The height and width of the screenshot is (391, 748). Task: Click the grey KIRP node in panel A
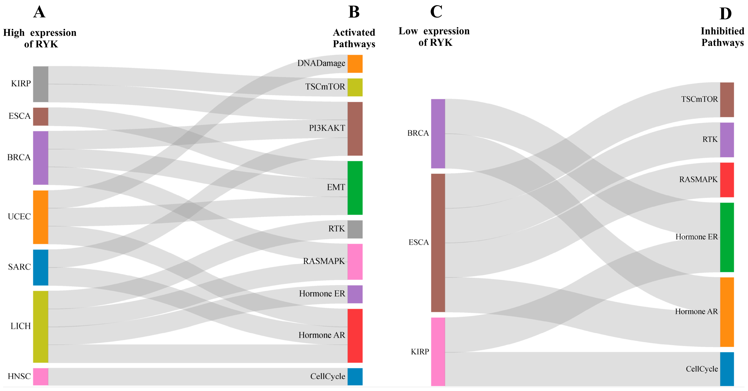click(x=41, y=84)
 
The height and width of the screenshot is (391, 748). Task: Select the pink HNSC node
click(x=41, y=376)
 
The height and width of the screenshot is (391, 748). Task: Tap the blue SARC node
click(x=41, y=267)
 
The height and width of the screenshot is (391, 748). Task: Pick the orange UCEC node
click(x=41, y=217)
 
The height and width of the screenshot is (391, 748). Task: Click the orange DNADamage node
click(x=355, y=64)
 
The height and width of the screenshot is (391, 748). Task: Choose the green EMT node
click(x=355, y=188)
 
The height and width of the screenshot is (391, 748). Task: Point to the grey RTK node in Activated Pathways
click(x=355, y=229)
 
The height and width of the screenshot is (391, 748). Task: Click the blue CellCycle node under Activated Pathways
click(x=355, y=376)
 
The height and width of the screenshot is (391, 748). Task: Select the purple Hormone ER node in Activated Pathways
click(x=355, y=294)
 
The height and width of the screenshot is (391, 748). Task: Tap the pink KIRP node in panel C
click(x=438, y=351)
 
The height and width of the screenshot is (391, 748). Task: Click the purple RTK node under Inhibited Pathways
click(x=727, y=140)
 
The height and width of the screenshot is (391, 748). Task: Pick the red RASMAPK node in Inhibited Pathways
click(x=727, y=180)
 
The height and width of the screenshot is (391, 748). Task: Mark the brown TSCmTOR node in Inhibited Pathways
click(x=727, y=100)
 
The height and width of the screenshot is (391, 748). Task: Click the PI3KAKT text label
click(x=327, y=128)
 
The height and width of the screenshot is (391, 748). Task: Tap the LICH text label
click(x=21, y=326)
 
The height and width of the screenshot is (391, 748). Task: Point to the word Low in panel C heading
click(x=408, y=31)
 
